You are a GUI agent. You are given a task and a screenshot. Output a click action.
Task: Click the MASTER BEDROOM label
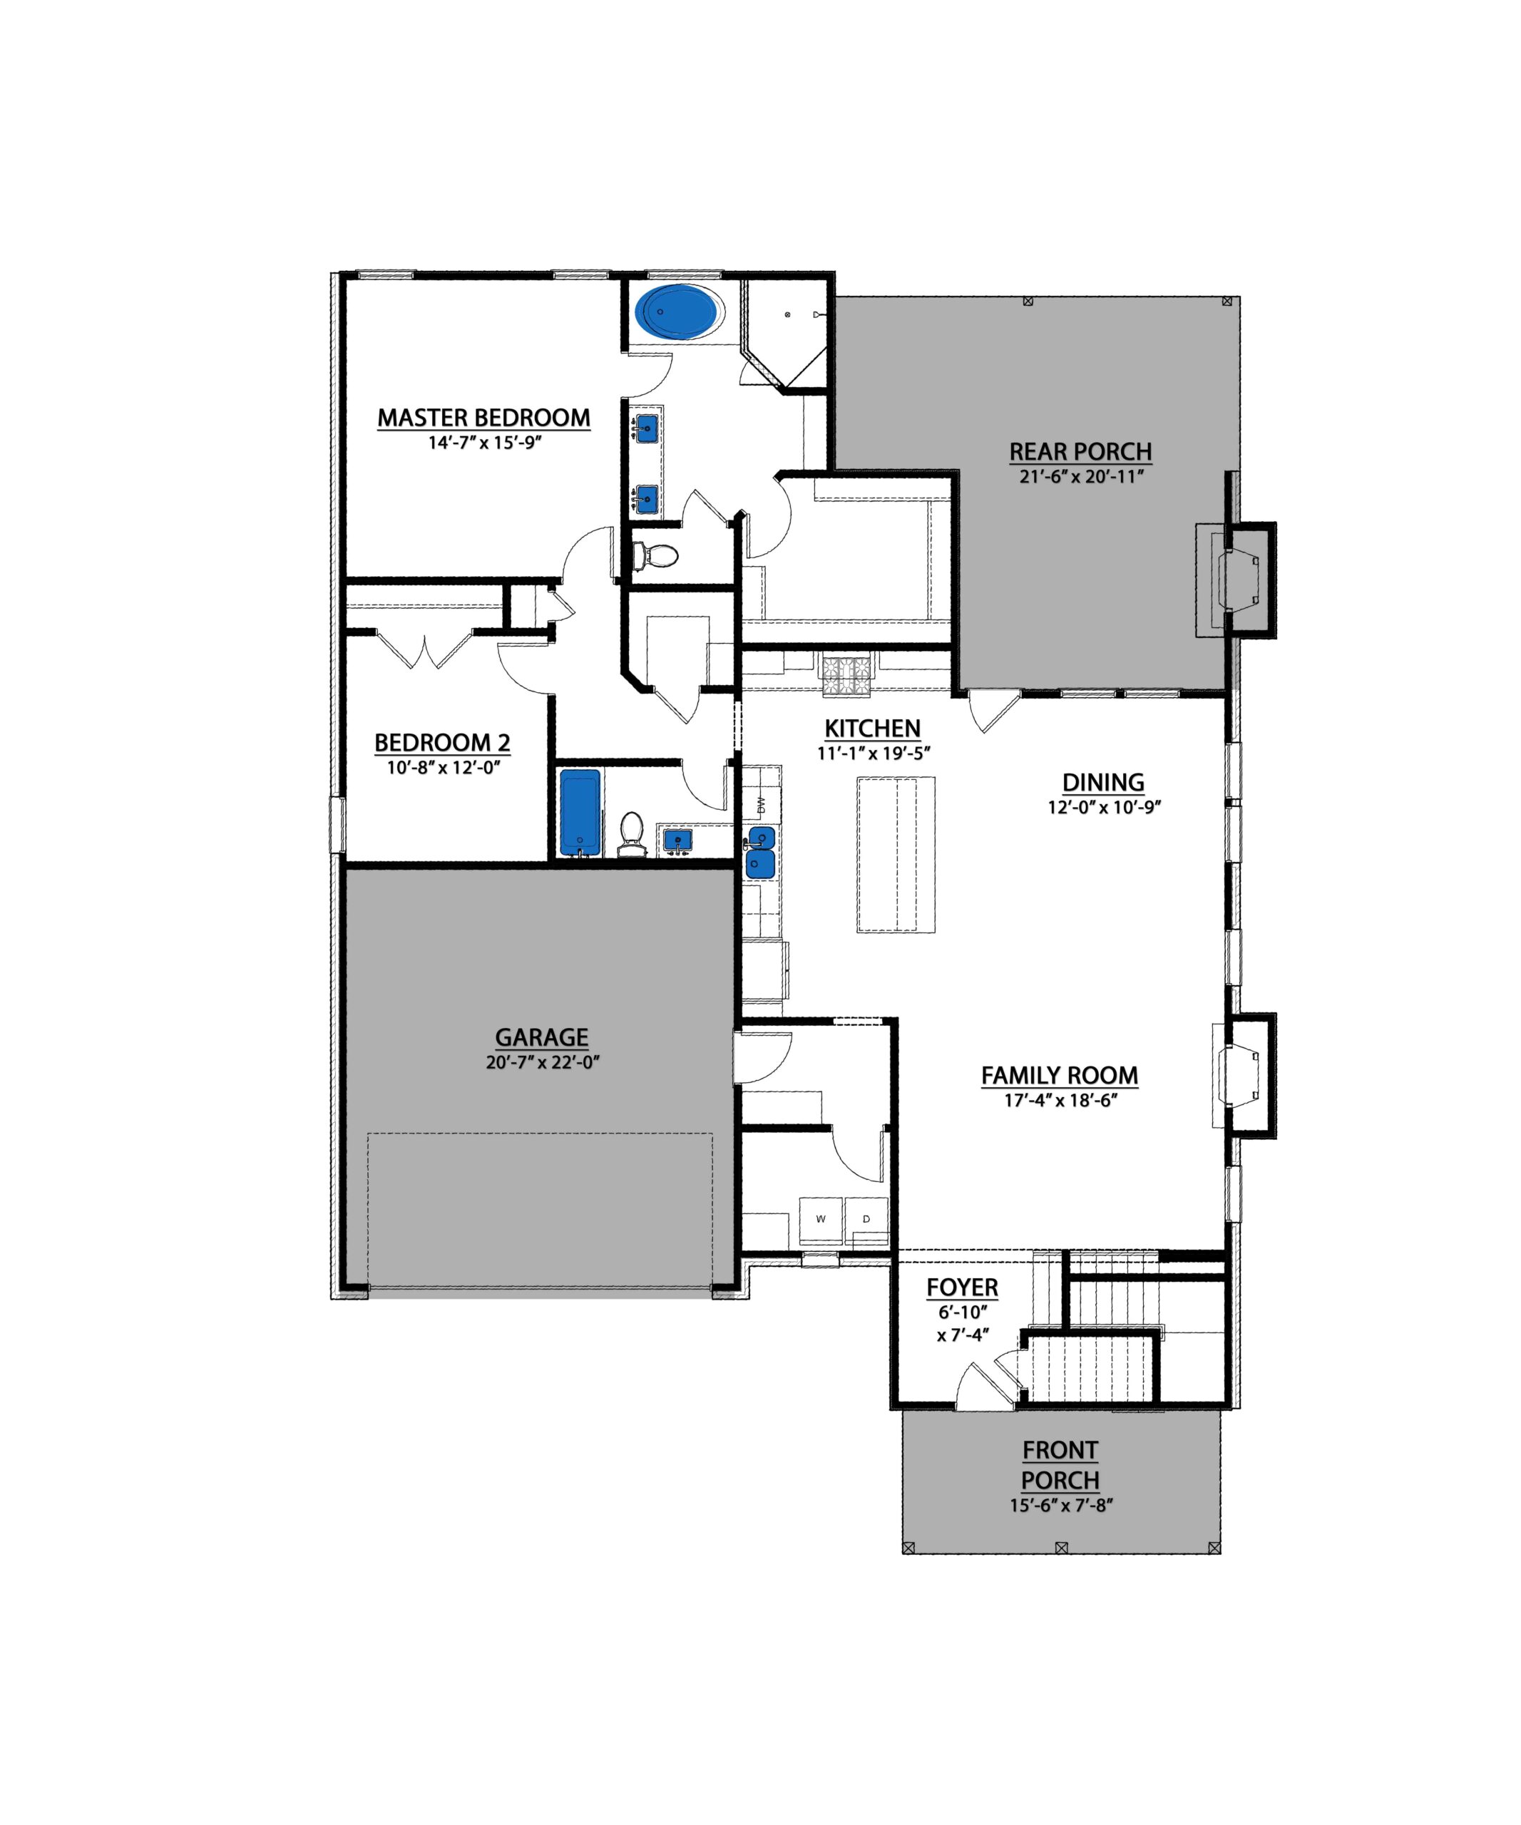[483, 418]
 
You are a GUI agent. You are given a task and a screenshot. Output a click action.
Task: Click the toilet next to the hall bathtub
[631, 833]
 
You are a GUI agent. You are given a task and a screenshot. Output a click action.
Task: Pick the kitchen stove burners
[846, 676]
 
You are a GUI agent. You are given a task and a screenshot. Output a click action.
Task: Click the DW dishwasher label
[762, 805]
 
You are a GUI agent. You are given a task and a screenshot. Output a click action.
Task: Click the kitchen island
[896, 854]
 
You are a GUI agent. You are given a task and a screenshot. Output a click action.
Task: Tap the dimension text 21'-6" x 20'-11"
[1081, 476]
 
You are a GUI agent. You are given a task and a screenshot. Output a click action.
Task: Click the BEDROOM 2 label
[442, 743]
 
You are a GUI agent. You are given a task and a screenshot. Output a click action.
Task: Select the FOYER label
[962, 1287]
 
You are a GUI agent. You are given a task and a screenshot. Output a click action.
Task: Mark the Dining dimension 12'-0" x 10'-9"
[1104, 806]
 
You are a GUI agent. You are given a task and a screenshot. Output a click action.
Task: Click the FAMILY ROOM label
[1060, 1076]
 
